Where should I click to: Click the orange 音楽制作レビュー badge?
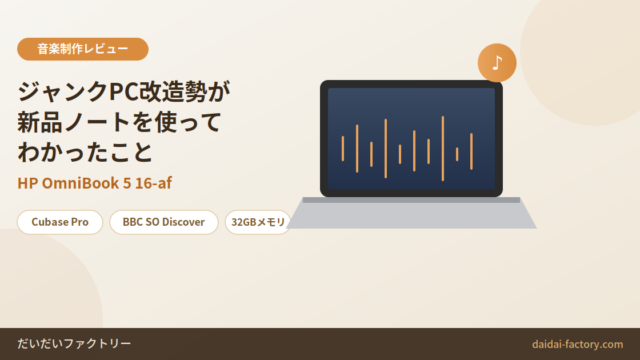82,49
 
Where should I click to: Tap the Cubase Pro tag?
60,222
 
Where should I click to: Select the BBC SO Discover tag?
164,222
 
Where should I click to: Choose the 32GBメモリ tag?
258,222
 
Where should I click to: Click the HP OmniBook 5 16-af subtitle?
94,183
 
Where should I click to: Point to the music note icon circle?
497,63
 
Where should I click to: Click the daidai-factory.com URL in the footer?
577,344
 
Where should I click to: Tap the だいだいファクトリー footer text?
74,344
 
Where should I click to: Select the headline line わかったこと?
85,152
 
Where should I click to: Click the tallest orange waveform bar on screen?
443,149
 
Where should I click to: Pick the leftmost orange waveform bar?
343,149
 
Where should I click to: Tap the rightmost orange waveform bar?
471,151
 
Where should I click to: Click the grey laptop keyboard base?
411,213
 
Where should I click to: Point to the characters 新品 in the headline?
40,122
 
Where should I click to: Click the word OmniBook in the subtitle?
80,183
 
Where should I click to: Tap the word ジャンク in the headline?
63,91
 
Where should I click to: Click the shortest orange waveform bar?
457,154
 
